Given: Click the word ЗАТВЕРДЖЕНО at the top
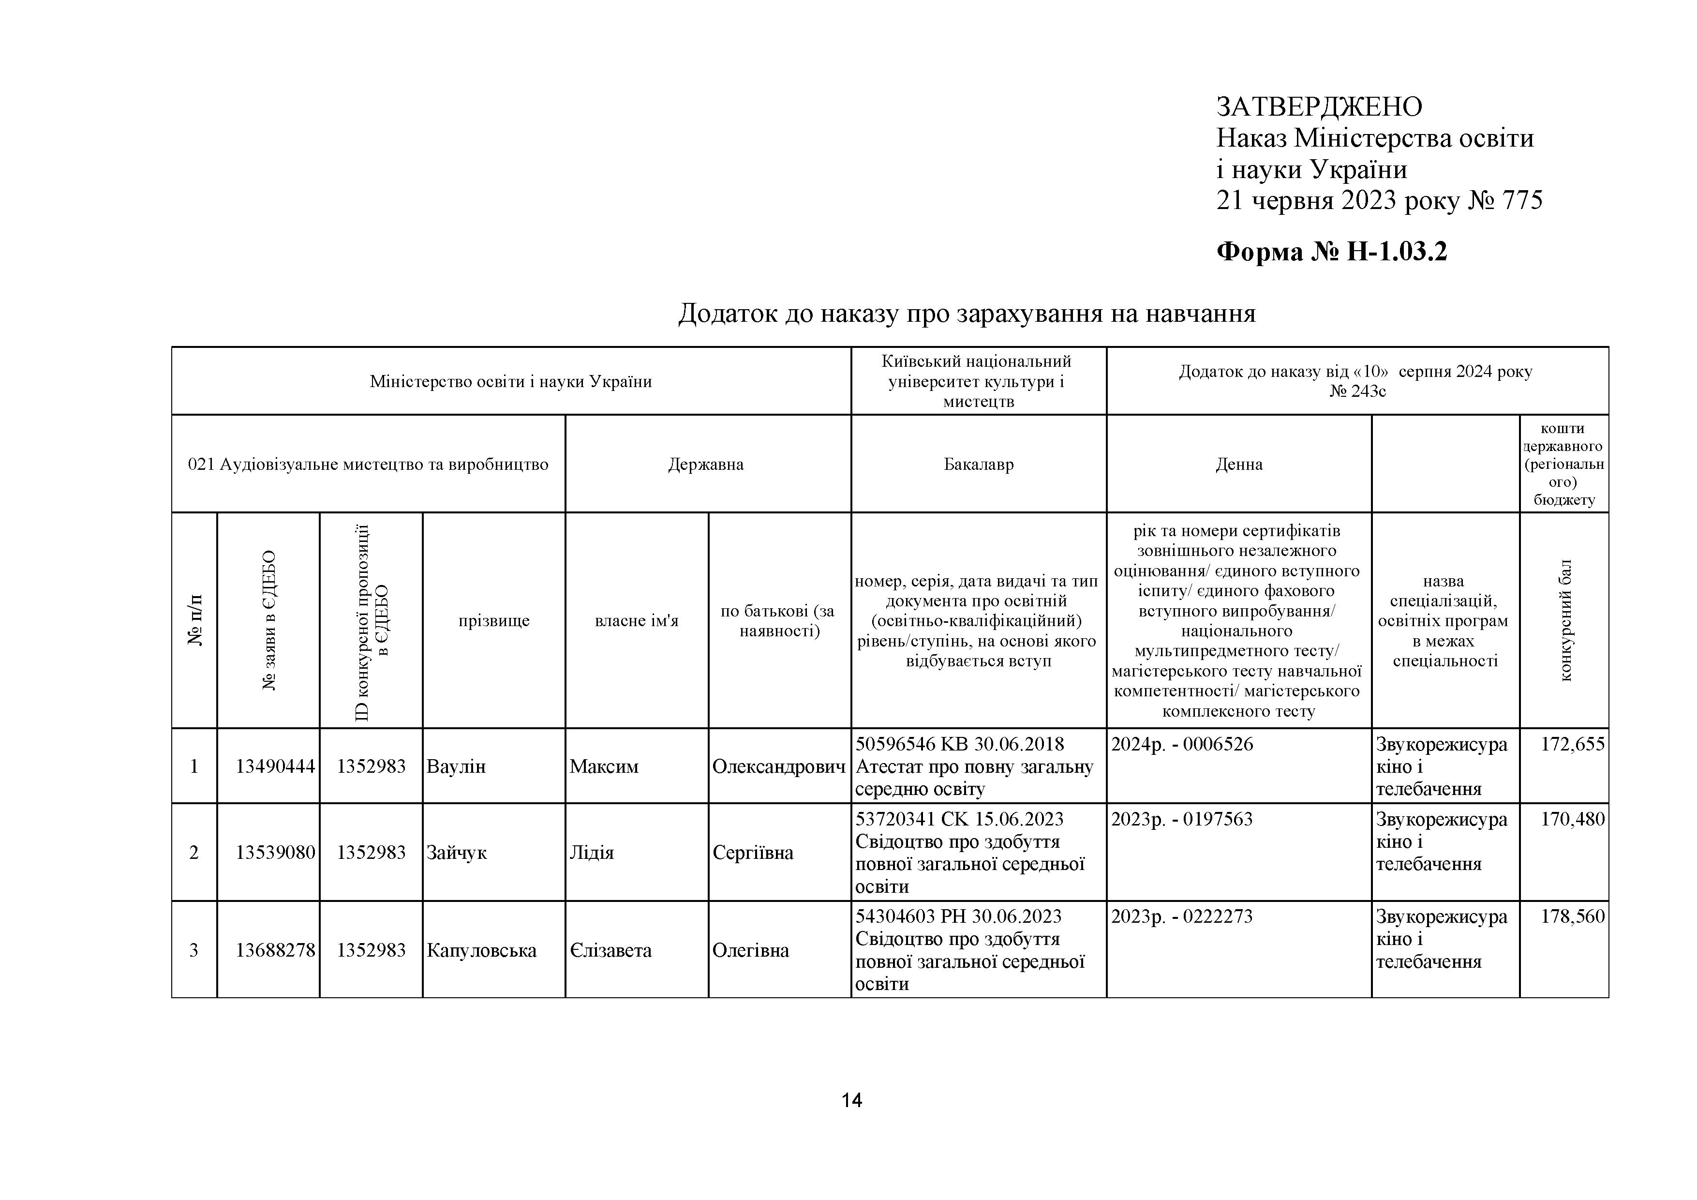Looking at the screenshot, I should pyautogui.click(x=1319, y=107).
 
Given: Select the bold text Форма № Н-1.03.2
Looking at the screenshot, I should pyautogui.click(x=1331, y=252).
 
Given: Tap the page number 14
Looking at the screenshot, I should pyautogui.click(x=851, y=1101).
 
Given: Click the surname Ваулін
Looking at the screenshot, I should pyautogui.click(x=456, y=766).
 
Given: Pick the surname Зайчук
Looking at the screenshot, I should pyautogui.click(x=457, y=853).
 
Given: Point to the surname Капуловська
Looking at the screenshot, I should pyautogui.click(x=481, y=950).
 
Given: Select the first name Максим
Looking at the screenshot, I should pyautogui.click(x=604, y=766).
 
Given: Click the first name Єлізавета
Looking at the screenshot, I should pyautogui.click(x=610, y=950).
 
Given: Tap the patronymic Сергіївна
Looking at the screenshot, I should pyautogui.click(x=752, y=853).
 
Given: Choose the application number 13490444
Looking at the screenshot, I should pyautogui.click(x=275, y=766).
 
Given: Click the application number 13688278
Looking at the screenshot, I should pyautogui.click(x=275, y=950).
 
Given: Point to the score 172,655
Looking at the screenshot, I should pyautogui.click(x=1572, y=744).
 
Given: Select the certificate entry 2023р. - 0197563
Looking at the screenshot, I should pyautogui.click(x=1181, y=819).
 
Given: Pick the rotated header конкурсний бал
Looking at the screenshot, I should pyautogui.click(x=1565, y=619).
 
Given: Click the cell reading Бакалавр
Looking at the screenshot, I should pyautogui.click(x=979, y=465).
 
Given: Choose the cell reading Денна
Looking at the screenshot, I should pyautogui.click(x=1239, y=465).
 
